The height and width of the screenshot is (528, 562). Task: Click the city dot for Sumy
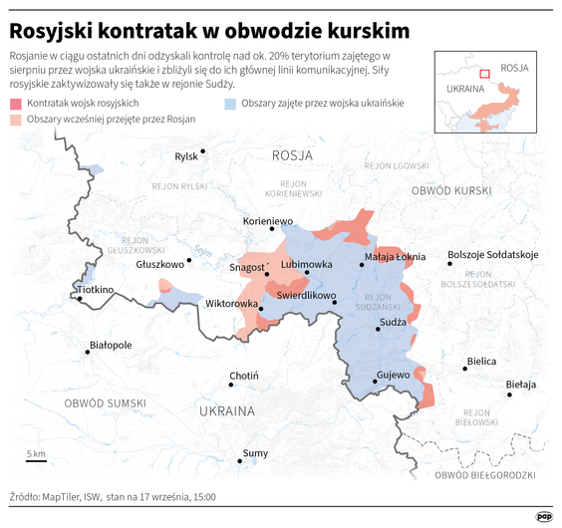[x=240, y=461]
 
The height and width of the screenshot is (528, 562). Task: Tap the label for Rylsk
[x=186, y=156]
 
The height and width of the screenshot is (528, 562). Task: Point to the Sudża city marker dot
[x=379, y=329]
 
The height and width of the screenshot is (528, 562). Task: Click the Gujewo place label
[x=393, y=376]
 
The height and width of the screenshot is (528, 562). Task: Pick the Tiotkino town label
[x=96, y=290]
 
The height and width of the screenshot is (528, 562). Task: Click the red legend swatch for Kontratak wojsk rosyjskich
[x=16, y=104]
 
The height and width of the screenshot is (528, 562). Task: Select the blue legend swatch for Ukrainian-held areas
[x=230, y=104]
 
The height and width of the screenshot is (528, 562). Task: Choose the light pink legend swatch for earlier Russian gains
[x=16, y=120]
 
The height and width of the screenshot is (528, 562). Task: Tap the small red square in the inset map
[x=484, y=72]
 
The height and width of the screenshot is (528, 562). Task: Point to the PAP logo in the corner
[x=544, y=516]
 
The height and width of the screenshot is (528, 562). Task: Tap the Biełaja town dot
[x=511, y=395]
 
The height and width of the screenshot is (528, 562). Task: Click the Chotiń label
[x=244, y=377]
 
